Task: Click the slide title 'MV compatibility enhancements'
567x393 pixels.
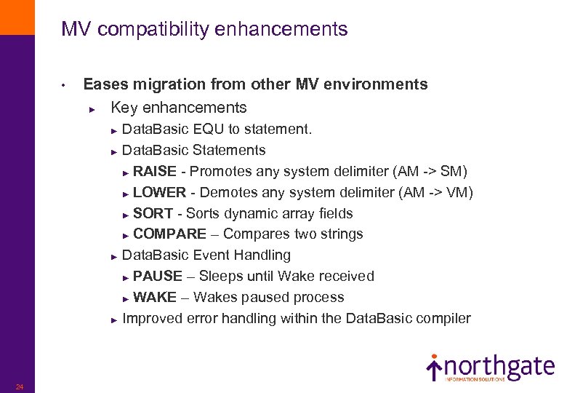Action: pos(204,29)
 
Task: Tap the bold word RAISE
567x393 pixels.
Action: pos(154,172)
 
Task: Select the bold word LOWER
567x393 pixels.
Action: pos(159,193)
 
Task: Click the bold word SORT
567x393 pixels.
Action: pos(153,214)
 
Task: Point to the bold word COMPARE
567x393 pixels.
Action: pos(169,234)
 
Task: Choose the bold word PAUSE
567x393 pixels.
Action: pos(158,277)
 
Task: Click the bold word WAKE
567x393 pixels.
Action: pos(155,298)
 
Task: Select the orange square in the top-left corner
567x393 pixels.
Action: pos(17,17)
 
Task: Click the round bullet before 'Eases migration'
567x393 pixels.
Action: pos(64,86)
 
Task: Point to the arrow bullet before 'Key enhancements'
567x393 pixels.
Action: pos(92,108)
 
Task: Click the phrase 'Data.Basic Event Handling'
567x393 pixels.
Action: pos(206,255)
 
